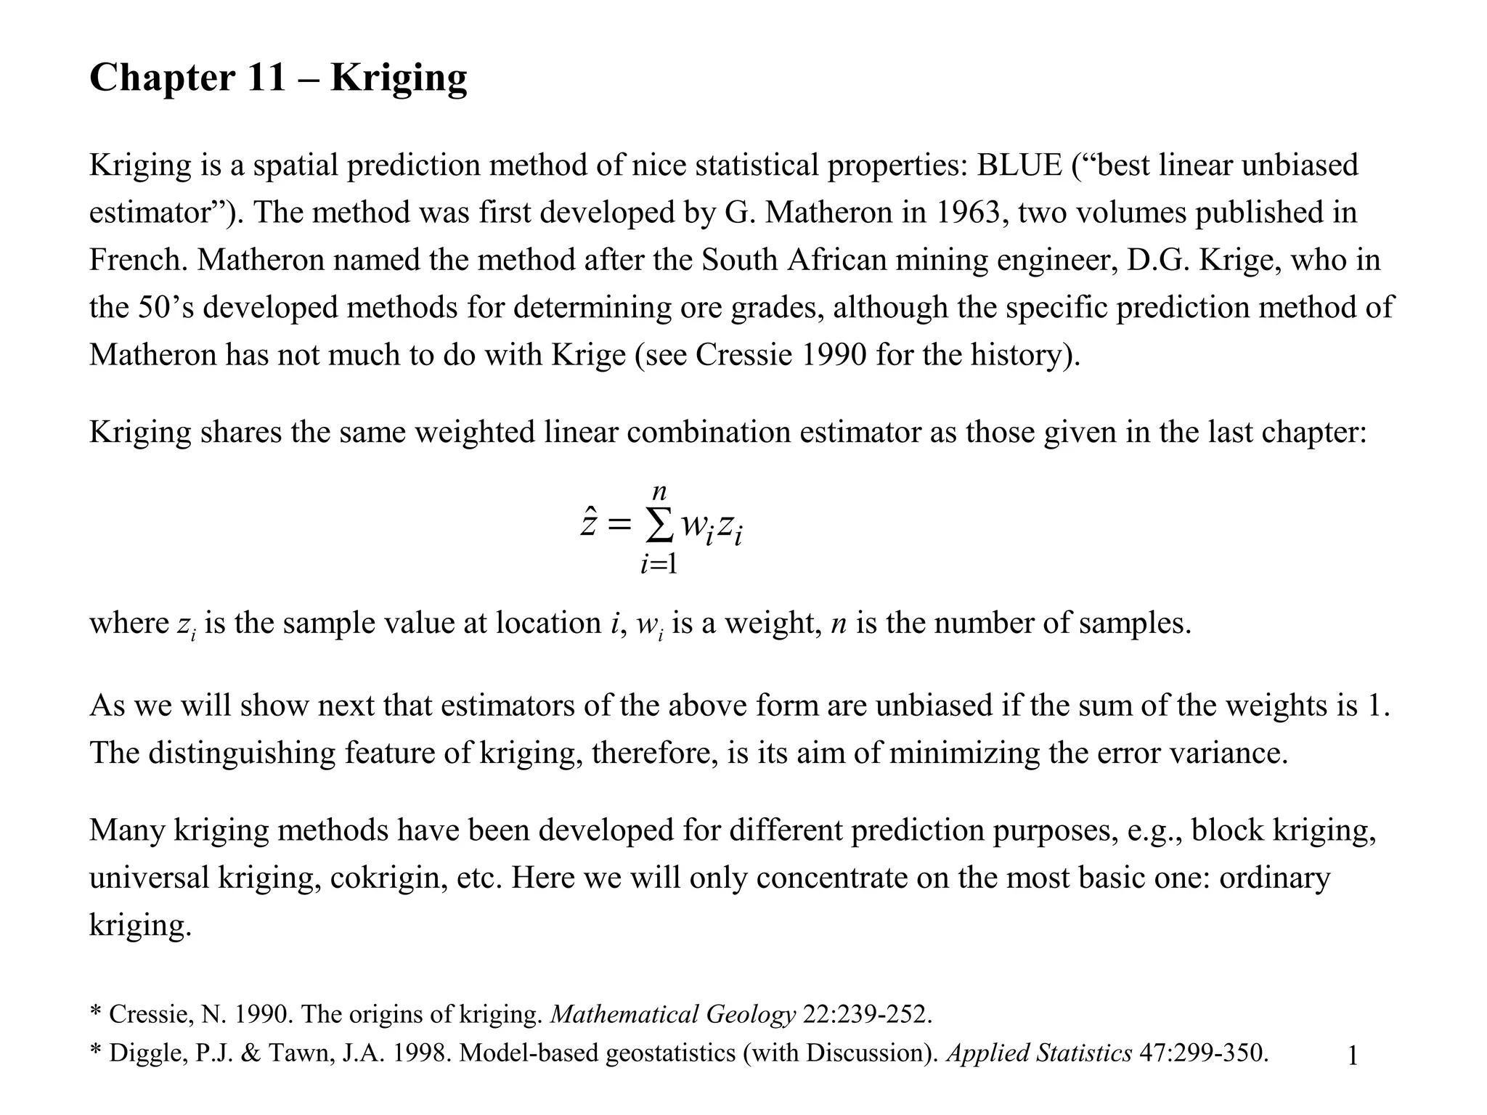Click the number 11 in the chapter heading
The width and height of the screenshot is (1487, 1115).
click(x=266, y=78)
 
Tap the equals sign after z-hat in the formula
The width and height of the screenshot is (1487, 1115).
click(x=619, y=525)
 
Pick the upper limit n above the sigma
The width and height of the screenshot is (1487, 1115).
click(x=659, y=492)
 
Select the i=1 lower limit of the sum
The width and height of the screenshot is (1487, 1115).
click(x=659, y=564)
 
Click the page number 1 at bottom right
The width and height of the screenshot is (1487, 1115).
click(x=1353, y=1056)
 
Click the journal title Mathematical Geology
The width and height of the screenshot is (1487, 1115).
click(x=673, y=1014)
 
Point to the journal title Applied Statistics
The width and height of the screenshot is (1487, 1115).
click(x=1039, y=1053)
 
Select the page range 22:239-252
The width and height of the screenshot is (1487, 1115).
click(x=867, y=1014)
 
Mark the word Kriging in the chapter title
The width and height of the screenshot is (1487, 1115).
click(x=399, y=78)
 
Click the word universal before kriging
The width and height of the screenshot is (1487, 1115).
click(x=149, y=878)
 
